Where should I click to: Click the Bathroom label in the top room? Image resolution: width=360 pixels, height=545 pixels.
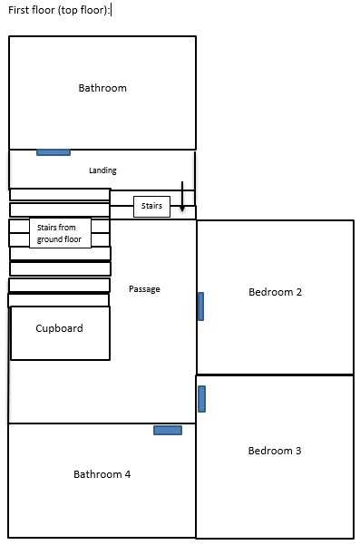(102, 88)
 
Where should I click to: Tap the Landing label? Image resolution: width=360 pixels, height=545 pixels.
(102, 170)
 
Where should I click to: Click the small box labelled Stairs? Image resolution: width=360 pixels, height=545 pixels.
(151, 207)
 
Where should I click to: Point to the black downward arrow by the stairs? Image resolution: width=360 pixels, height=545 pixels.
(182, 197)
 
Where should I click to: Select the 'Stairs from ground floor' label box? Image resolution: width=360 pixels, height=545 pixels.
(60, 233)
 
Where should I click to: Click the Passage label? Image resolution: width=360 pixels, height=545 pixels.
(144, 289)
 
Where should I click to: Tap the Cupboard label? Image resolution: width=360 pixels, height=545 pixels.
(60, 328)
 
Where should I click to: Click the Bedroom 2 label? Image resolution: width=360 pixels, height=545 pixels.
(275, 292)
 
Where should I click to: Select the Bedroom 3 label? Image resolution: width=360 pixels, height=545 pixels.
(275, 451)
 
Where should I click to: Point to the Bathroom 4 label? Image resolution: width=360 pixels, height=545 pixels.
(102, 474)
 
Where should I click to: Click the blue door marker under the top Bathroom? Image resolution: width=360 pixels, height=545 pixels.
(54, 152)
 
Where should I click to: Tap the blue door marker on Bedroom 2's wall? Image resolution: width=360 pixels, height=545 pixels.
(200, 307)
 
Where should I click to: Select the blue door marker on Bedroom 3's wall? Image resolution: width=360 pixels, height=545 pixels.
(201, 399)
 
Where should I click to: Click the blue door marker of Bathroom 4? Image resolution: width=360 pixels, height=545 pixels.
(168, 431)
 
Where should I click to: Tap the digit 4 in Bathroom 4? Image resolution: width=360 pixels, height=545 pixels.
(128, 474)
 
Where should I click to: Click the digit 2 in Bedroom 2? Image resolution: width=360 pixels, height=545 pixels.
(299, 292)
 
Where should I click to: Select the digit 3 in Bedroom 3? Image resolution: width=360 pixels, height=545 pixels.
(298, 451)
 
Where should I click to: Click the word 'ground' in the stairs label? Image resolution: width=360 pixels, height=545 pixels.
(47, 239)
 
